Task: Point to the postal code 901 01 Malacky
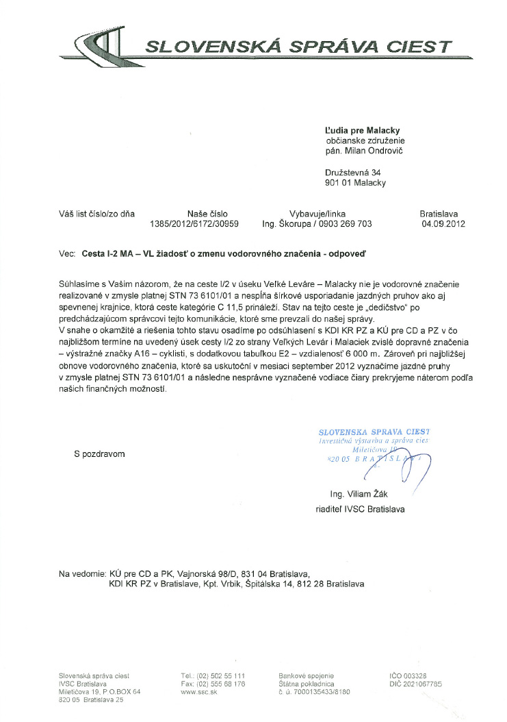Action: coord(355,183)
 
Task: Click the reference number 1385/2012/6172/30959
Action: coord(194,223)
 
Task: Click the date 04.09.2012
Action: coord(443,223)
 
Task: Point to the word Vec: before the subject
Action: coord(66,253)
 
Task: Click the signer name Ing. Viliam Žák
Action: coord(363,493)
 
